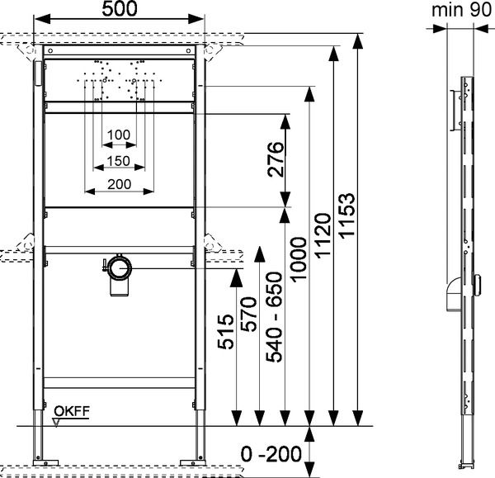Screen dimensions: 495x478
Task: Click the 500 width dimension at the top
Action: pyautogui.click(x=120, y=9)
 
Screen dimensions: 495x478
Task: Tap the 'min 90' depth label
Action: pyautogui.click(x=461, y=10)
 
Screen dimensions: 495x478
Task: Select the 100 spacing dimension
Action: pyautogui.click(x=119, y=135)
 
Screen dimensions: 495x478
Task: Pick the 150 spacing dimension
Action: pyautogui.click(x=118, y=161)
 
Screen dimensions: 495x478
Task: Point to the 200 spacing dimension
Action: pyautogui.click(x=120, y=184)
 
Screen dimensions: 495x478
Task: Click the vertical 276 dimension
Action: pyautogui.click(x=276, y=159)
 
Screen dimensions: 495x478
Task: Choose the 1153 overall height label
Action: pyautogui.click(x=346, y=215)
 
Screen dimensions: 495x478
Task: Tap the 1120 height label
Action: pyautogui.click(x=323, y=236)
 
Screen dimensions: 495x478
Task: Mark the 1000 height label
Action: pyautogui.click(x=298, y=259)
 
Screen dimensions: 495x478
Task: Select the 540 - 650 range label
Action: pyautogui.click(x=274, y=317)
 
